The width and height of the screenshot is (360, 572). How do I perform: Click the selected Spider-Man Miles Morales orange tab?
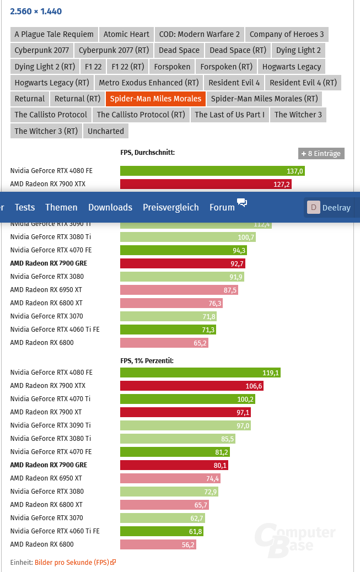point(155,99)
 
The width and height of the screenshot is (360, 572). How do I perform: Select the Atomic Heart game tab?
point(126,34)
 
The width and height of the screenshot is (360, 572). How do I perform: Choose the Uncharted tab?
point(105,131)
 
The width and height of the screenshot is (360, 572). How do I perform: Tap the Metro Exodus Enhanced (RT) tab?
point(148,83)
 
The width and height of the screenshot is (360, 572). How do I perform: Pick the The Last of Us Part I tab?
point(229,115)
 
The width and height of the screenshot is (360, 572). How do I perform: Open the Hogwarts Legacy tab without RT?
point(292,67)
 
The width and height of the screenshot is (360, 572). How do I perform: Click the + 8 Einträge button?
point(321,154)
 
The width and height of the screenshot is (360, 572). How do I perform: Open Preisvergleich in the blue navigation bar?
point(170,207)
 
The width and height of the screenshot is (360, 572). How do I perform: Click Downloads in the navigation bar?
point(110,207)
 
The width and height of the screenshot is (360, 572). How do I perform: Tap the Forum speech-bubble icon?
point(242,202)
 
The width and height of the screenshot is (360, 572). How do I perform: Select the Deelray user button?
point(331,208)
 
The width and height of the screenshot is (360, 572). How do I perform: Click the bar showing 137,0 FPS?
point(212,171)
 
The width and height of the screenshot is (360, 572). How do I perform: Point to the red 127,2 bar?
point(206,184)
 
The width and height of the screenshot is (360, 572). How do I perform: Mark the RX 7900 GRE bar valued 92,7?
point(182,263)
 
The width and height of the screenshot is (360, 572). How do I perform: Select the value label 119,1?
point(270,373)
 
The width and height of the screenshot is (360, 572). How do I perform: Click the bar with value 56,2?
point(158,544)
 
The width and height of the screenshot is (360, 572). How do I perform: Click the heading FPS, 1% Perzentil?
point(147,360)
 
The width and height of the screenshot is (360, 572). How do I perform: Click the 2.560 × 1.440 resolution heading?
point(36,12)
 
